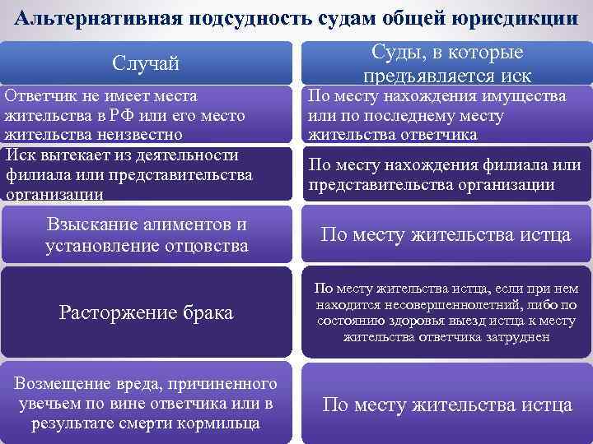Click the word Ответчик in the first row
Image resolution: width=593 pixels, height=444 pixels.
(x=40, y=97)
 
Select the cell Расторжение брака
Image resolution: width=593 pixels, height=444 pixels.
(x=146, y=312)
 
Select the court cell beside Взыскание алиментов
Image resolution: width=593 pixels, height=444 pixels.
(x=445, y=235)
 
